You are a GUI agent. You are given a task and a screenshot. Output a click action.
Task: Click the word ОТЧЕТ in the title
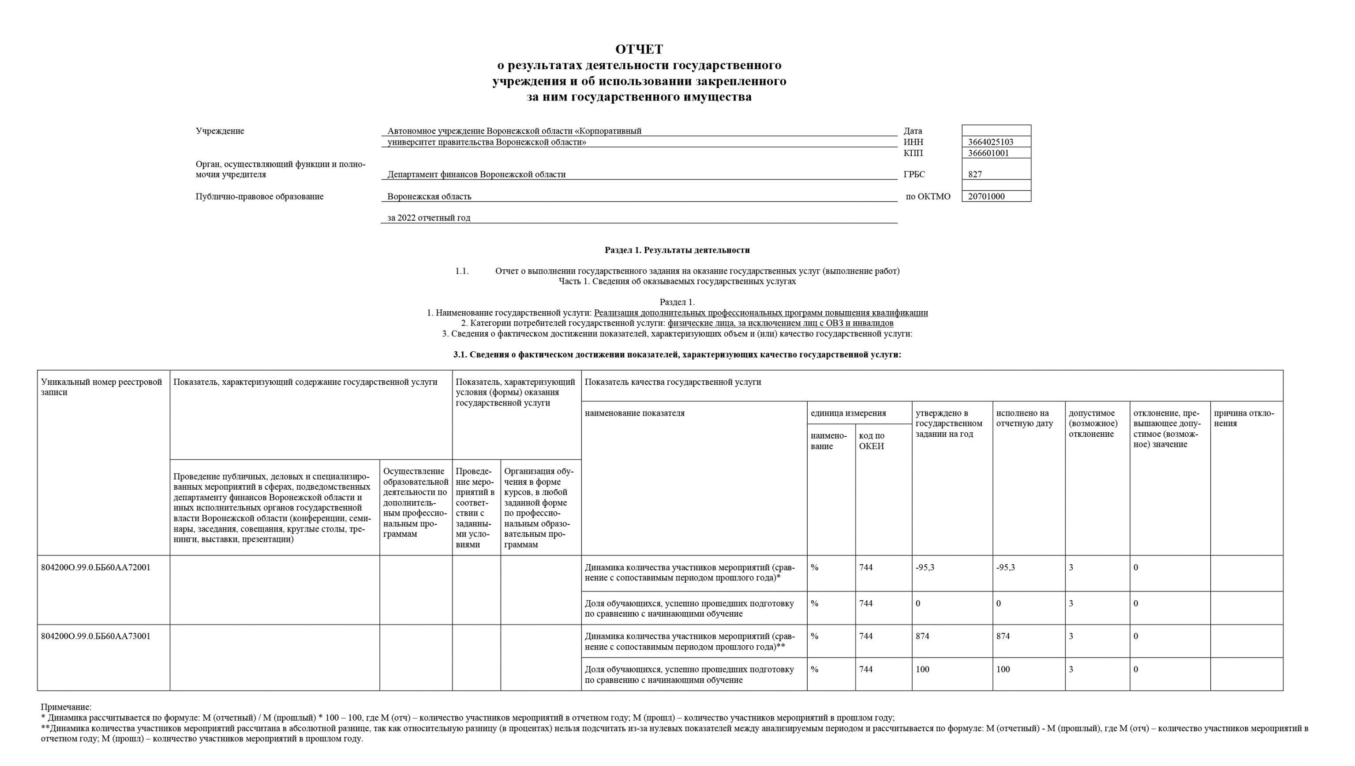coord(639,49)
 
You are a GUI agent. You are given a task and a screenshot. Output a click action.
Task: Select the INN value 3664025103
coord(990,142)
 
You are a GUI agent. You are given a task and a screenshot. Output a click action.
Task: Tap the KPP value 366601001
coord(988,153)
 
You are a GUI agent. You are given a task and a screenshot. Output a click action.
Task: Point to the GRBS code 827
coord(975,175)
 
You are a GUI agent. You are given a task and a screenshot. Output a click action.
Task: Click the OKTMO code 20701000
coord(986,197)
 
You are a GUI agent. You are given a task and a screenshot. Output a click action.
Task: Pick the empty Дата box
coord(996,130)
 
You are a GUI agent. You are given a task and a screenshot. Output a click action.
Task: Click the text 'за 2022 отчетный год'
coord(428,218)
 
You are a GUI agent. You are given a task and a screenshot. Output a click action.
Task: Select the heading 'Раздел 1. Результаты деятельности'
coord(677,250)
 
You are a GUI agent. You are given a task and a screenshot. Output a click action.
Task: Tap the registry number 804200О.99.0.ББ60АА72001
coord(96,568)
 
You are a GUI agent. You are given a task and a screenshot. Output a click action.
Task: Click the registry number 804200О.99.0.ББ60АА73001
coord(96,636)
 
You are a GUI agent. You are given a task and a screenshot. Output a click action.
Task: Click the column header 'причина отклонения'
coord(1244,418)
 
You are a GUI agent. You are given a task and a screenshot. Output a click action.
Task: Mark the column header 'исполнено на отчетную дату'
coord(1024,418)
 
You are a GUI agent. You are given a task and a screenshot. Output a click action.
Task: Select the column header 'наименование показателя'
coord(634,413)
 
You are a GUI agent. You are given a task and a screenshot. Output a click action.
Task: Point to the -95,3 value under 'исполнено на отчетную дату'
coord(1006,568)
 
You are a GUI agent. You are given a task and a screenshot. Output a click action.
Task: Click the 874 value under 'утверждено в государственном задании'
coord(922,636)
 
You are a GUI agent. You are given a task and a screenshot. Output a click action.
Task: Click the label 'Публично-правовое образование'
coord(259,197)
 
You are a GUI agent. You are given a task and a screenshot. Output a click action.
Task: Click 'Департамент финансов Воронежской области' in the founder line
coord(476,175)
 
